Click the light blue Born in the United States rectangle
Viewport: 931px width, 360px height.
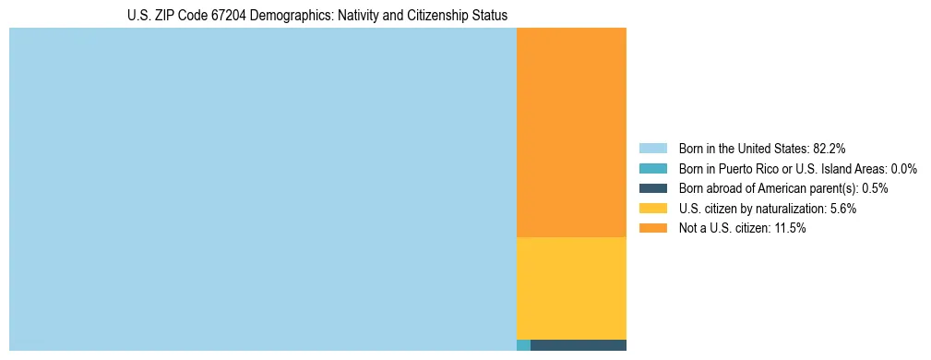(x=262, y=189)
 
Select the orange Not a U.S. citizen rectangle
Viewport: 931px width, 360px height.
(x=571, y=132)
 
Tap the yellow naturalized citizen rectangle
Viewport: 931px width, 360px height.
(x=571, y=288)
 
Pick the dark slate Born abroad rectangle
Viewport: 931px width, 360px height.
(x=578, y=345)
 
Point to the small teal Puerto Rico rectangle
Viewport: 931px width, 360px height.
(x=523, y=345)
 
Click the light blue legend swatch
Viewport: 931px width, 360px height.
(x=652, y=148)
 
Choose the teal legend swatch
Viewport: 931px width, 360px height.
(x=652, y=168)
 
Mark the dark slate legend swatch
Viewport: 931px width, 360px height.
(x=652, y=188)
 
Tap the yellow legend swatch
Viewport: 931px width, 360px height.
(x=652, y=209)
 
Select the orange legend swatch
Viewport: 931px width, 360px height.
(x=652, y=228)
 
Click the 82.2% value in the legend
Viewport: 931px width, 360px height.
(x=830, y=148)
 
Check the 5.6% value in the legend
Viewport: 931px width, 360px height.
(x=842, y=209)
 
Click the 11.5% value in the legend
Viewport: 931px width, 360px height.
(x=790, y=228)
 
